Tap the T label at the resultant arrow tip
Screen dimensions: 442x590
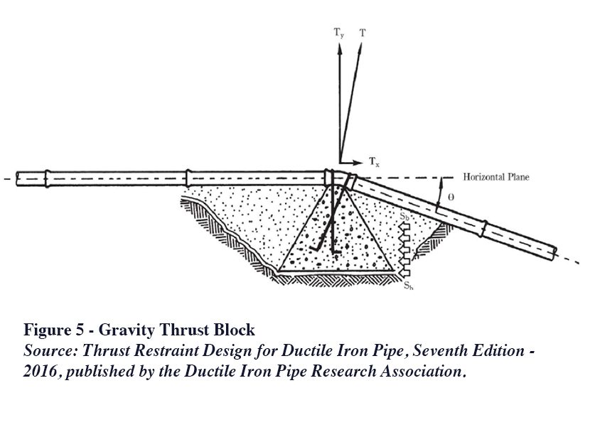click(363, 33)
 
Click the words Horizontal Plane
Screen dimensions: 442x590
click(496, 177)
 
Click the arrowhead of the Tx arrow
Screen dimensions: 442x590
click(360, 161)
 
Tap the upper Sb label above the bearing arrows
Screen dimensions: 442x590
click(404, 215)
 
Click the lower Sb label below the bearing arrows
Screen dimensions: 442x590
click(408, 285)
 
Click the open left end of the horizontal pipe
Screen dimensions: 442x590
click(18, 178)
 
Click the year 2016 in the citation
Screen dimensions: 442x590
click(40, 372)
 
